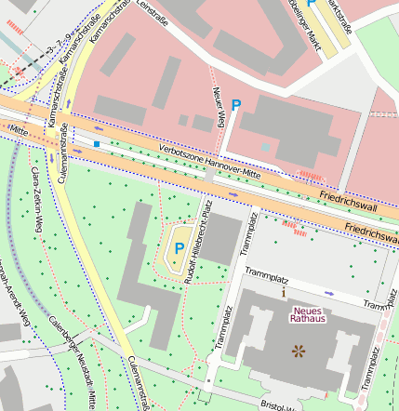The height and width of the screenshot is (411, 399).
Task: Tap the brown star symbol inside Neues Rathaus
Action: (299, 351)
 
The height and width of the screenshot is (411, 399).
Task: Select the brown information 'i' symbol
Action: (284, 291)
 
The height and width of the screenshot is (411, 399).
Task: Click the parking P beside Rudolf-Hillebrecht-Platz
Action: (179, 248)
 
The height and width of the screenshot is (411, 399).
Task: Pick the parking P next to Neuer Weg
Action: (236, 108)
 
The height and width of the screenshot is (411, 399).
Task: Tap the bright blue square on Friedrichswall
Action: (96, 144)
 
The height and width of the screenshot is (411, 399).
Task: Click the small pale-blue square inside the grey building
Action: (266, 147)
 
